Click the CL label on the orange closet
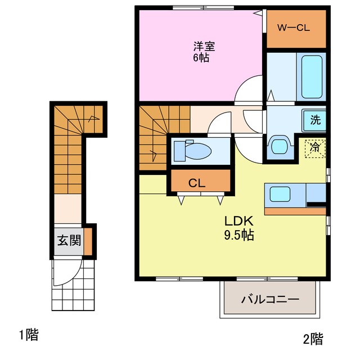pos(197,182)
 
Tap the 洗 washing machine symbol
pos(316,119)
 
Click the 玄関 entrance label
pos(69,241)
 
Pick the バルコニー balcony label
pos(270,299)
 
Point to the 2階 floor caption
pos(313,339)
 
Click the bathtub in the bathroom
pos(313,77)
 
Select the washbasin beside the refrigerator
pos(279,145)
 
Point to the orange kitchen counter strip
pos(295,211)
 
